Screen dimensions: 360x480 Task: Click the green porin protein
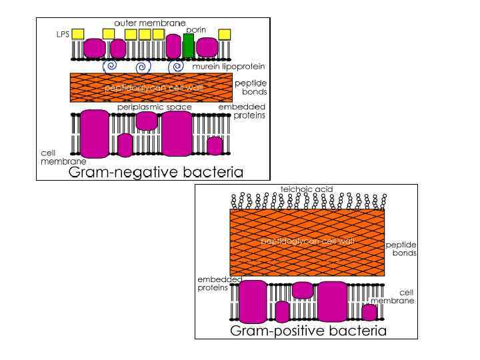click(x=189, y=45)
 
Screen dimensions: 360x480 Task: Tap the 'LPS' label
click(x=62, y=34)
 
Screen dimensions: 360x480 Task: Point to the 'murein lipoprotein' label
click(x=229, y=67)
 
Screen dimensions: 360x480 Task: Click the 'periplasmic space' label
click(x=155, y=107)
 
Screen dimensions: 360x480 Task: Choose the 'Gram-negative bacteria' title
click(x=156, y=173)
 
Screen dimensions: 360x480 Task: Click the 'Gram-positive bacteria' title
click(x=307, y=331)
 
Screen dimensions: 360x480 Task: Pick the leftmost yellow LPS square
click(x=78, y=34)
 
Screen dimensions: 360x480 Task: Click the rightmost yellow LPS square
click(x=225, y=34)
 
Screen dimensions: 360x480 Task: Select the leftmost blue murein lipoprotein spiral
click(x=110, y=67)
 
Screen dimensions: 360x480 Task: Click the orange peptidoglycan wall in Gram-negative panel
click(x=151, y=88)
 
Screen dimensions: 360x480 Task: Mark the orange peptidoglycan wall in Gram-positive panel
click(x=307, y=241)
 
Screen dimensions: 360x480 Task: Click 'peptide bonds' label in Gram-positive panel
click(x=401, y=249)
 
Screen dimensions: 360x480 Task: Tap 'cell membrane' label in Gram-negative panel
click(x=54, y=157)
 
